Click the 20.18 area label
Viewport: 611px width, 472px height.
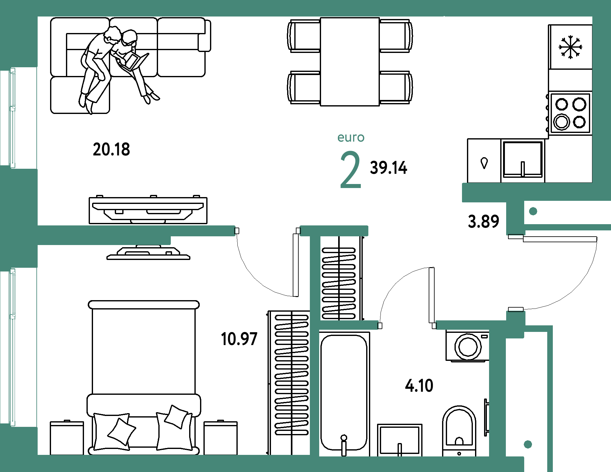(111, 149)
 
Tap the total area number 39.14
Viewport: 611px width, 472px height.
(389, 168)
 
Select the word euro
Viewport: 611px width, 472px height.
(351, 138)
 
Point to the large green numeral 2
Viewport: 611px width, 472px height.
(350, 170)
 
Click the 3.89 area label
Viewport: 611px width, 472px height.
(483, 221)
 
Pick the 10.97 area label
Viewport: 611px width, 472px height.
(239, 339)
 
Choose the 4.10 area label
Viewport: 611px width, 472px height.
(419, 386)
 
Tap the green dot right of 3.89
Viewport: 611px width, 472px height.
(533, 211)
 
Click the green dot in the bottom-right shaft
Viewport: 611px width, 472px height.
(528, 444)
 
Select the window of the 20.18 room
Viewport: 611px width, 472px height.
(12, 118)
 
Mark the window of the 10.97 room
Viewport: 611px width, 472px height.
(12, 347)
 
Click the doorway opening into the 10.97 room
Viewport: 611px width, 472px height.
(267, 231)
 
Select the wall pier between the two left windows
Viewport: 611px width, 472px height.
(19, 218)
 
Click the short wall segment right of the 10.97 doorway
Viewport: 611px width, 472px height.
(334, 231)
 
